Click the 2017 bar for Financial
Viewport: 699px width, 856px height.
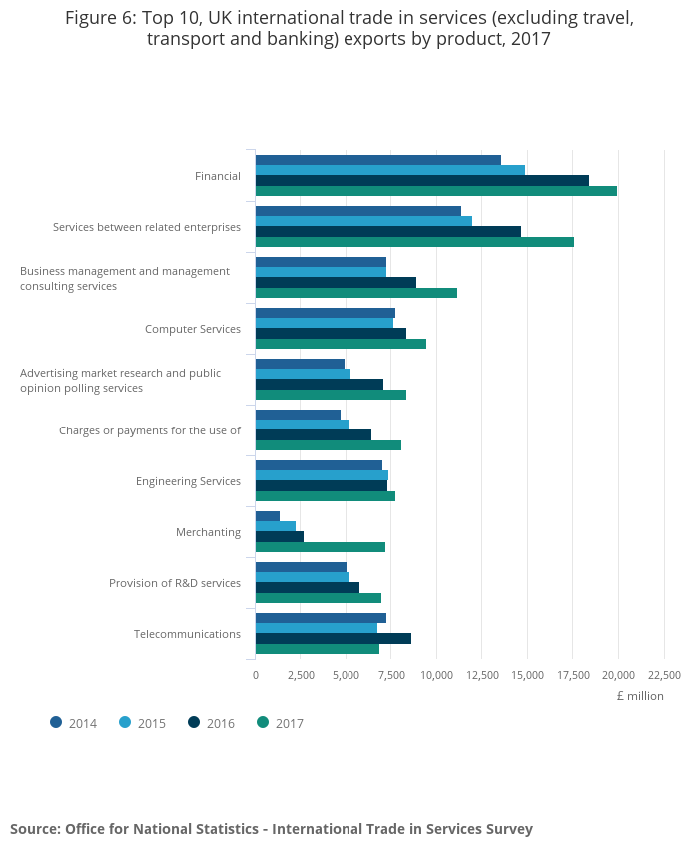click(435, 191)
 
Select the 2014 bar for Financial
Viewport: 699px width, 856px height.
click(377, 160)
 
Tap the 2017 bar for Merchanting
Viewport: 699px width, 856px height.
click(320, 547)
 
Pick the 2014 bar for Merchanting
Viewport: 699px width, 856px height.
click(267, 516)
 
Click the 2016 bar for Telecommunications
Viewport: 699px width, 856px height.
click(333, 638)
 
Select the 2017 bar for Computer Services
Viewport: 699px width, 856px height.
click(341, 344)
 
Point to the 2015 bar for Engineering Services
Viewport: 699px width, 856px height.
click(322, 475)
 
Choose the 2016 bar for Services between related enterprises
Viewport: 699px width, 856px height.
click(387, 231)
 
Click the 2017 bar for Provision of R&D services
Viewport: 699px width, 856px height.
click(318, 598)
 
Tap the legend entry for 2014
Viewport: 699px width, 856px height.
click(73, 723)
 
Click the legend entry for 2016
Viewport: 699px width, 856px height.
click(211, 723)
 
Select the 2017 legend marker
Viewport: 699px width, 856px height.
click(264, 722)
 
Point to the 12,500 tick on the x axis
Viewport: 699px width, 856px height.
click(482, 675)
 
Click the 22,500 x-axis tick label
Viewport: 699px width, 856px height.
click(664, 675)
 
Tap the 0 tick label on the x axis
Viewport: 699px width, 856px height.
click(256, 675)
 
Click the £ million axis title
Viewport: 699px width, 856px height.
click(639, 696)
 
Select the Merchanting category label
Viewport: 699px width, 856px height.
click(208, 532)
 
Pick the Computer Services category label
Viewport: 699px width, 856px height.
click(193, 329)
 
